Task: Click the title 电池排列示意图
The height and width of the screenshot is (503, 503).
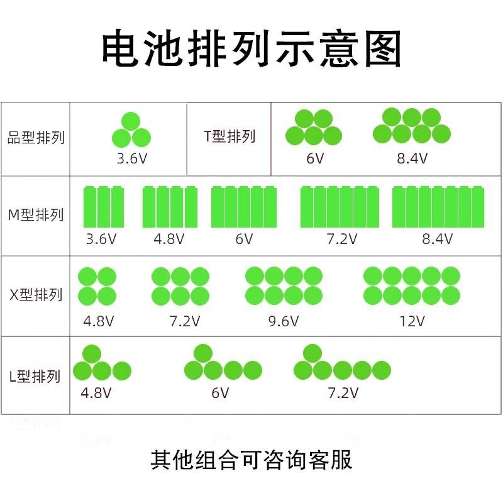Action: pos(251,48)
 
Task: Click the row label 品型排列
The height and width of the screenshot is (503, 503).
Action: pos(36,137)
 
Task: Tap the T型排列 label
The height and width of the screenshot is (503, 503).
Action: pos(229,136)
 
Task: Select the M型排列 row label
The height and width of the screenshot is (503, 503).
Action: pos(36,215)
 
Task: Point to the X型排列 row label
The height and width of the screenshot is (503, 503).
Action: pos(36,294)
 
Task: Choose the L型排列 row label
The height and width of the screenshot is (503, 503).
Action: pos(36,377)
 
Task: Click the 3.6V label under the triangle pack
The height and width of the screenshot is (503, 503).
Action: pos(132,158)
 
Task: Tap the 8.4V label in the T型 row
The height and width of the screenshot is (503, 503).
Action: pos(412,158)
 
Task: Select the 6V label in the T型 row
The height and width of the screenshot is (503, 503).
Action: pos(315,158)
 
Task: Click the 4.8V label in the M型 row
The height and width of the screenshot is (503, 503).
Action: pos(169,239)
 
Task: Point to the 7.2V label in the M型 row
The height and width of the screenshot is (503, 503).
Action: pos(341,239)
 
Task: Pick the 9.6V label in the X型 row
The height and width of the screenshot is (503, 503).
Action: pos(283,321)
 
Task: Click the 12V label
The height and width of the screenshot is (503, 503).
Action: pos(412,321)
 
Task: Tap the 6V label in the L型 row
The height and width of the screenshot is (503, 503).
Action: pos(220,394)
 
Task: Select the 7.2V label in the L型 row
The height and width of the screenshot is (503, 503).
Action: pos(343,394)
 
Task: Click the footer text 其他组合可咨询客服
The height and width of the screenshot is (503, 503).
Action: pos(251,460)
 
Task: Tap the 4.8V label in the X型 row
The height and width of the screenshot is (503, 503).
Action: pos(99,321)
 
